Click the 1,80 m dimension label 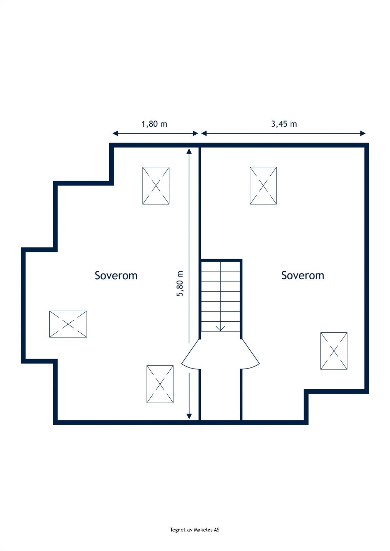click(x=154, y=124)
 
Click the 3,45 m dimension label click(x=283, y=124)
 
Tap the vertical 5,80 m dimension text click(x=180, y=283)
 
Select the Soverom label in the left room click(x=116, y=275)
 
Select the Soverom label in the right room click(x=302, y=275)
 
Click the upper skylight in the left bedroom click(x=156, y=186)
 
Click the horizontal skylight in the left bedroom click(x=68, y=324)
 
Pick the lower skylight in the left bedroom click(x=160, y=384)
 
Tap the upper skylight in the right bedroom click(x=263, y=186)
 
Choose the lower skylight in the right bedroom click(x=334, y=351)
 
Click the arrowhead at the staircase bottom click(x=220, y=328)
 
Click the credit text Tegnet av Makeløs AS click(x=194, y=530)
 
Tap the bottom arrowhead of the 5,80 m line click(x=189, y=416)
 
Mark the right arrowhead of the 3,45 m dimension click(x=363, y=133)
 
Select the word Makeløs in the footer click(x=204, y=530)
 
